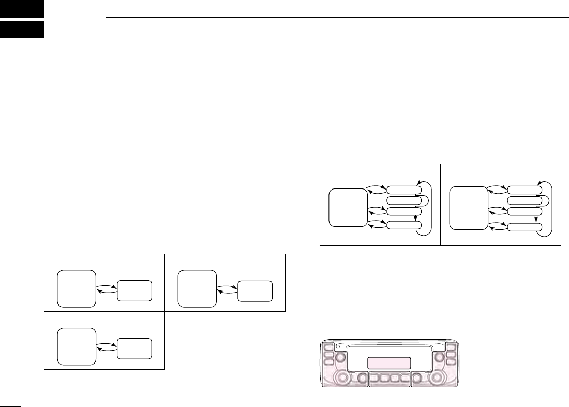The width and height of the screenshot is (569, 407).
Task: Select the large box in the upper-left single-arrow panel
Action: pyautogui.click(x=77, y=288)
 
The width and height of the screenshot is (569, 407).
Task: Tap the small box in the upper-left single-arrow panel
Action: pyautogui.click(x=134, y=291)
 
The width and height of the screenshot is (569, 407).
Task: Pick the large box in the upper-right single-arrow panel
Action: pyautogui.click(x=197, y=288)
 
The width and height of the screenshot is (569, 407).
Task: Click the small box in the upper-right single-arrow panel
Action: pyautogui.click(x=254, y=291)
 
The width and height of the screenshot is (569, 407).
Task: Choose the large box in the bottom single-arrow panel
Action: pyautogui.click(x=77, y=346)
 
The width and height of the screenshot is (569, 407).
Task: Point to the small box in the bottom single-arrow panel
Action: pyautogui.click(x=134, y=348)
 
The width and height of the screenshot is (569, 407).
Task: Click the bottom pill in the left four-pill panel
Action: pyautogui.click(x=404, y=225)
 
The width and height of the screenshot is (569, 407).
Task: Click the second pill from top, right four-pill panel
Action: pyautogui.click(x=525, y=200)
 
